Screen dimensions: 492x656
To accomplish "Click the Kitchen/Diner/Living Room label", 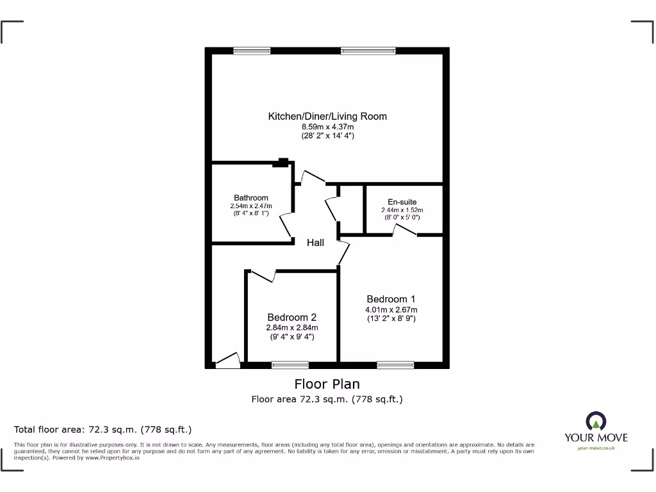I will tap(327, 117).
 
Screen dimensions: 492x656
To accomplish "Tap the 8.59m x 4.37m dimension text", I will tap(327, 127).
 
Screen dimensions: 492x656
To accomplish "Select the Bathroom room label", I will tap(251, 198).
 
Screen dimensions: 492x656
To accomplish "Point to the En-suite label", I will tap(402, 202).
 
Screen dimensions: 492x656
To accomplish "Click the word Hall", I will tap(315, 243).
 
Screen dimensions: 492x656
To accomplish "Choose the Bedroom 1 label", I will tap(391, 299).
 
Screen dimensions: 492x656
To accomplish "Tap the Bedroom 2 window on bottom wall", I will tap(290, 365).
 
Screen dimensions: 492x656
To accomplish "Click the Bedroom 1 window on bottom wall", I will tap(395, 365).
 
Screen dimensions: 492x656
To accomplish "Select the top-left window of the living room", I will tap(252, 51).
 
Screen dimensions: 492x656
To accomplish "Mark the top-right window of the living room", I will tap(368, 51).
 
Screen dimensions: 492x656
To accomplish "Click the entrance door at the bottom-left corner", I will tap(227, 361).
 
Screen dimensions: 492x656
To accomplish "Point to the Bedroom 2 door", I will tap(263, 276).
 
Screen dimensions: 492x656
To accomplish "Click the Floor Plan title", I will tap(327, 384).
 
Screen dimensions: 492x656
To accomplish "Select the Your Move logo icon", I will tap(596, 422).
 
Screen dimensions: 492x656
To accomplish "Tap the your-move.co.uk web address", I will tap(596, 448).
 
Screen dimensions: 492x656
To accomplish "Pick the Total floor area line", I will tap(103, 429).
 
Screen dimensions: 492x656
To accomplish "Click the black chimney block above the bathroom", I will tap(281, 163).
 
